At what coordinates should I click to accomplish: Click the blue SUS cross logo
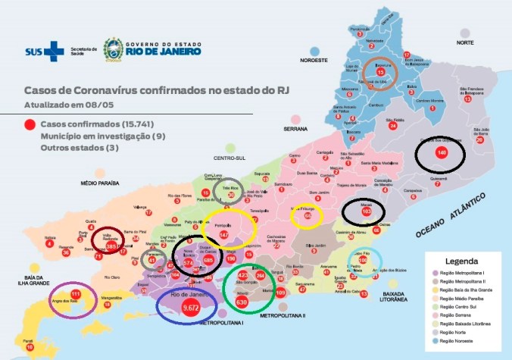54,50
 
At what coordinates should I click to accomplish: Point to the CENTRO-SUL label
227,159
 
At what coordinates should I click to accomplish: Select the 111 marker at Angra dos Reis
75,294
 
